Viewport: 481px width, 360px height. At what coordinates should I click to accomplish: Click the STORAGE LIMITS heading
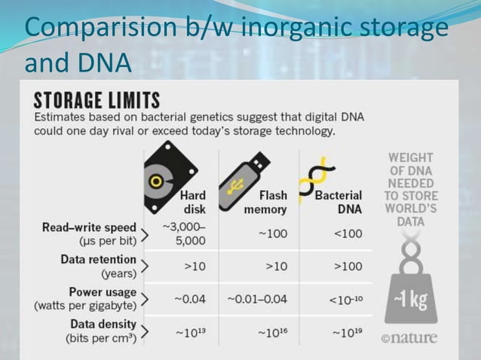click(97, 101)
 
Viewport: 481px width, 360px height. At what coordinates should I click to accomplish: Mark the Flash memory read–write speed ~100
click(272, 234)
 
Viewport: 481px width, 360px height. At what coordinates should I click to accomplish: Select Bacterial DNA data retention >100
click(347, 267)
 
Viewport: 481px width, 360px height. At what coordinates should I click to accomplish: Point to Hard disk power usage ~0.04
click(189, 299)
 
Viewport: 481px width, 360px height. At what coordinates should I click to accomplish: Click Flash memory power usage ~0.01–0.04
click(257, 299)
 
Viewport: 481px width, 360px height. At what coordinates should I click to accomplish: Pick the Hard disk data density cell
click(190, 331)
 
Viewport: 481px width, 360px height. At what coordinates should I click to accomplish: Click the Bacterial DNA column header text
click(339, 202)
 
